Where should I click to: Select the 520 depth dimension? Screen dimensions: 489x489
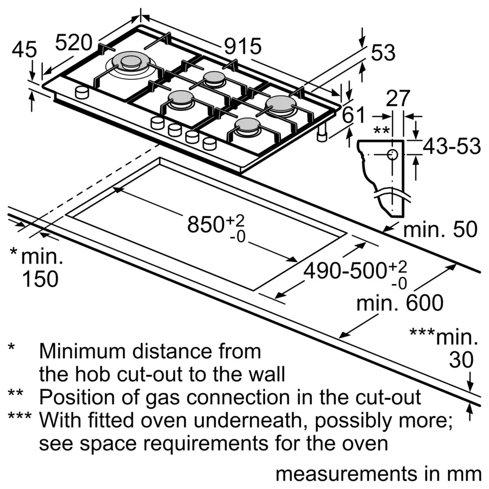(x=77, y=43)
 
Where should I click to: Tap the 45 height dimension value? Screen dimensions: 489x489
(x=24, y=50)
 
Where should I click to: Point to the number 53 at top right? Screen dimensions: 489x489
(x=383, y=53)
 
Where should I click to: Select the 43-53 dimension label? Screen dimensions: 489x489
(x=452, y=146)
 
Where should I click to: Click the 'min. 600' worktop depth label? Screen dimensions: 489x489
(x=399, y=303)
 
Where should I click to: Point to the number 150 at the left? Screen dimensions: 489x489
(x=40, y=279)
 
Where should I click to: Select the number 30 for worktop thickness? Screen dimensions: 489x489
(x=461, y=360)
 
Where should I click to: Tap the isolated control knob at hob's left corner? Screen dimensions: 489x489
(x=81, y=92)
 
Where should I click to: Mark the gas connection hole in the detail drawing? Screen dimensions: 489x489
(x=392, y=154)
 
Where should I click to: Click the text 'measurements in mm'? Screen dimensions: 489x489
(x=378, y=473)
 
